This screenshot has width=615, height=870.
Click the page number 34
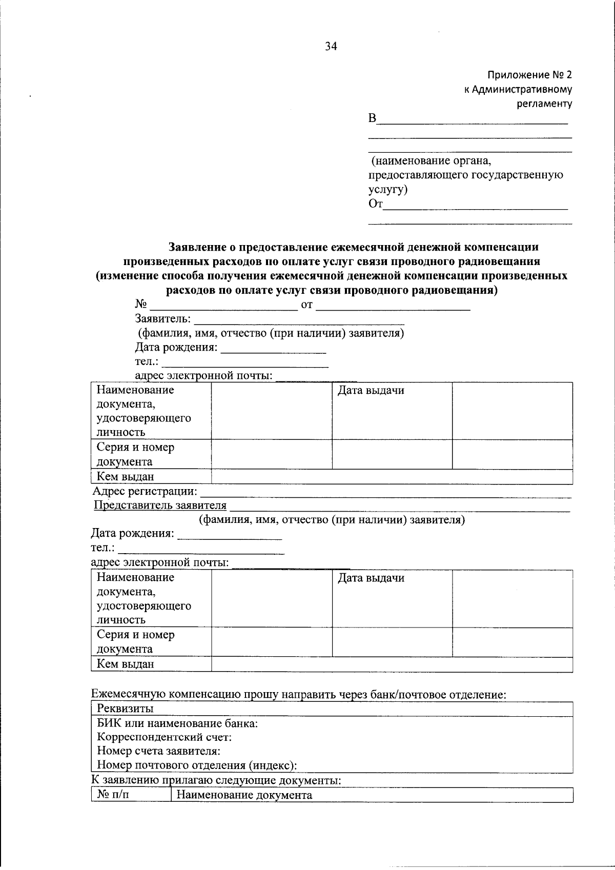coord(331,47)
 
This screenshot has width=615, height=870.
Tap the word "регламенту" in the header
coord(544,104)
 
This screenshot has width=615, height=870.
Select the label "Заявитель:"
coord(162,319)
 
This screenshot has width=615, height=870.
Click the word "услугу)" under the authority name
coord(388,189)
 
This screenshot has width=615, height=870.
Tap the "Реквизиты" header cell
coord(125,709)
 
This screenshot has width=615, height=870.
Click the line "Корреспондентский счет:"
coord(164,737)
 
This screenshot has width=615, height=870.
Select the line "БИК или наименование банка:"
coord(177,723)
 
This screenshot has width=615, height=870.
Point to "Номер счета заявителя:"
coord(158,751)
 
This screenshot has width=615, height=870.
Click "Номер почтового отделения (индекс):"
coord(197,765)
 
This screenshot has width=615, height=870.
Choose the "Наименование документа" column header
coord(244,795)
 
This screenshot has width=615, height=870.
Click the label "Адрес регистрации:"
coord(144,492)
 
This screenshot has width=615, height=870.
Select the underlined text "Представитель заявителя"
coord(160,505)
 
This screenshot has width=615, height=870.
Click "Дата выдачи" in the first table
coord(371,391)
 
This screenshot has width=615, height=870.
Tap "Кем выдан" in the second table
coord(125,664)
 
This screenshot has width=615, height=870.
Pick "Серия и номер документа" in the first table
coord(135,454)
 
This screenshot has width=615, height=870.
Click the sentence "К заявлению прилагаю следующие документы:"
coord(216,781)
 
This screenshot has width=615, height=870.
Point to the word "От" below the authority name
coord(375,204)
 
